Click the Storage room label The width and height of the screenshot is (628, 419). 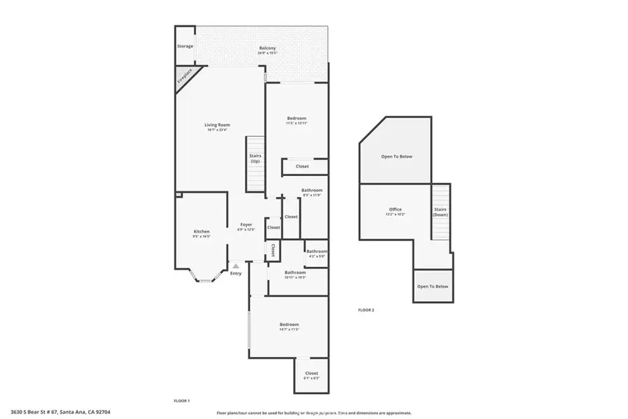[x=184, y=46]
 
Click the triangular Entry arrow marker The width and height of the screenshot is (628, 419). [x=236, y=265]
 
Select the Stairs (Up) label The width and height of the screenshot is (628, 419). [x=255, y=159]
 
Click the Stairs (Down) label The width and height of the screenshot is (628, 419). [x=440, y=212]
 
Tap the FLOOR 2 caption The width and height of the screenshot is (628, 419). [x=366, y=309]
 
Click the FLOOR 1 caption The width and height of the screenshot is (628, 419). [x=181, y=400]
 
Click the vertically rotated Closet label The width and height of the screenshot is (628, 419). [x=273, y=250]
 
